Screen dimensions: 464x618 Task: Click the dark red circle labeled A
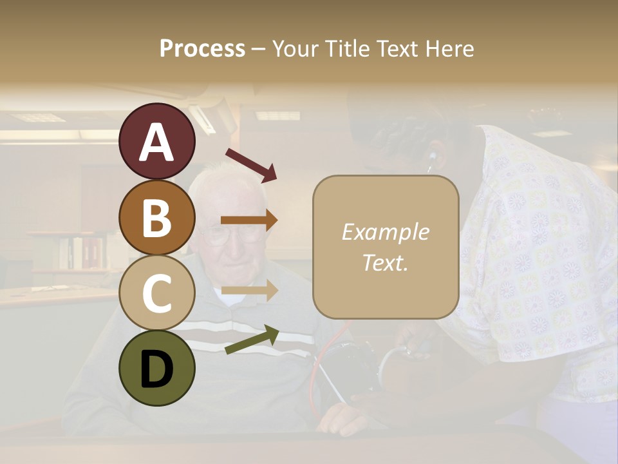157,142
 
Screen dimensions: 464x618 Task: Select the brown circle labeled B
157,217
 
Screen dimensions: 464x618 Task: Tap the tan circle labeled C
157,293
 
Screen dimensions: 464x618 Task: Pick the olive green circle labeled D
157,368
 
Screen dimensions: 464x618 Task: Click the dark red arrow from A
251,165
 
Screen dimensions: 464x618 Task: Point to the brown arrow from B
249,220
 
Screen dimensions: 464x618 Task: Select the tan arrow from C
249,291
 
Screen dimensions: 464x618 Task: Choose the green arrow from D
252,340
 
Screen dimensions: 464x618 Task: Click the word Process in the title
202,48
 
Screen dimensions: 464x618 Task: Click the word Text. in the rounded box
385,262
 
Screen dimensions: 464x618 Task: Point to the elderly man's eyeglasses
235,235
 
